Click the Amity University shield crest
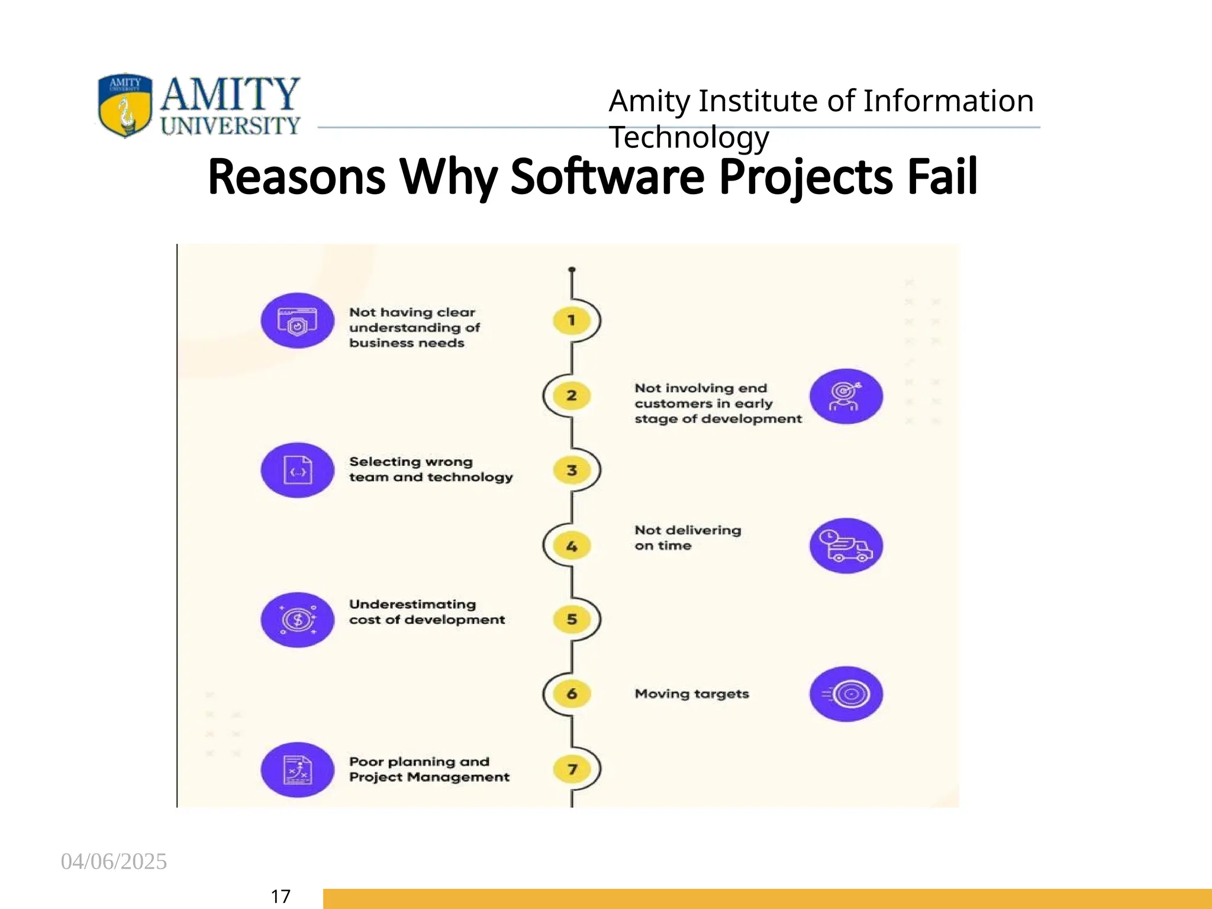coord(125,105)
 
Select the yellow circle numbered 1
coord(572,320)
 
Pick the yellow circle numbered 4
coord(572,546)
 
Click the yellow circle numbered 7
coord(572,769)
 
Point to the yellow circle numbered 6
coord(572,694)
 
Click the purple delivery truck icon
coord(846,546)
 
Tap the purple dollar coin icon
coord(298,620)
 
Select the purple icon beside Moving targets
coord(846,694)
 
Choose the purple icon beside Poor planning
coord(298,769)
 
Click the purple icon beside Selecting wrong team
coord(298,470)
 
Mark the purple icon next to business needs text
coord(298,320)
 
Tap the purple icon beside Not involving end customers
coord(846,396)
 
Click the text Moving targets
coord(691,694)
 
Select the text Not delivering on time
coord(686,537)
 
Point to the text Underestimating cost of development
coord(426,612)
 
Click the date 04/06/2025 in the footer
coord(114,862)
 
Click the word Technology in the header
coord(689,137)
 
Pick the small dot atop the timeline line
coord(572,270)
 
